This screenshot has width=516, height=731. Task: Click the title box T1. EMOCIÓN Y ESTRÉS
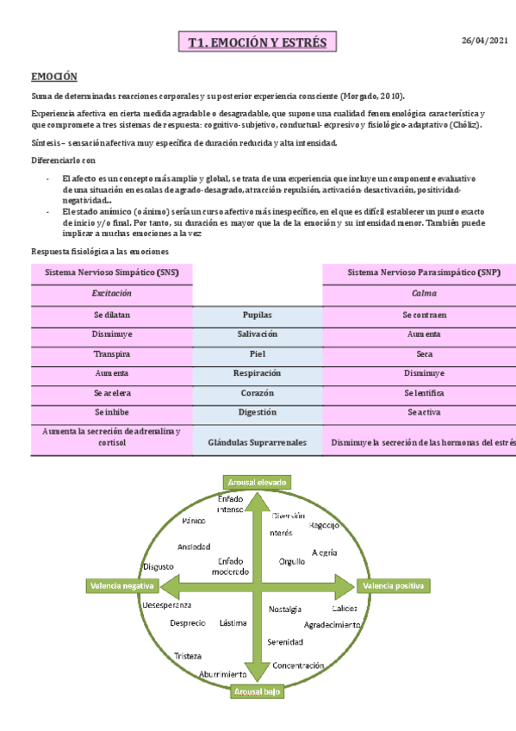[x=258, y=42]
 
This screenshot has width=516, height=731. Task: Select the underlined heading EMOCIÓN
[x=54, y=77]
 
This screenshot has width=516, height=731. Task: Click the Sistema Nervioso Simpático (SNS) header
[x=111, y=272]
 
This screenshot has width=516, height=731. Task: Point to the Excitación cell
[x=111, y=294]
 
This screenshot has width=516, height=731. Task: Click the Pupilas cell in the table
[x=258, y=316]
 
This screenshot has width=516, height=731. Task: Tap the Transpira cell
[x=111, y=354]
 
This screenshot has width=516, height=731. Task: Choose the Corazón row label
[x=258, y=393]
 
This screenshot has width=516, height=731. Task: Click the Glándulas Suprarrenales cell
[x=258, y=443]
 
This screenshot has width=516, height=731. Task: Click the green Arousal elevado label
[x=257, y=482]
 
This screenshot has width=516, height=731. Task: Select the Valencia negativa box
[x=121, y=586]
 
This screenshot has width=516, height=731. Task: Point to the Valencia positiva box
[x=394, y=586]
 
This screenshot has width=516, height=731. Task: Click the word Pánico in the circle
[x=194, y=522]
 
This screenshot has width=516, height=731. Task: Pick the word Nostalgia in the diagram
[x=285, y=609]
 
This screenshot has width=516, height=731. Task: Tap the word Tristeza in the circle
[x=188, y=656]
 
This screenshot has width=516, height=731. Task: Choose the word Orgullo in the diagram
[x=292, y=561]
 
